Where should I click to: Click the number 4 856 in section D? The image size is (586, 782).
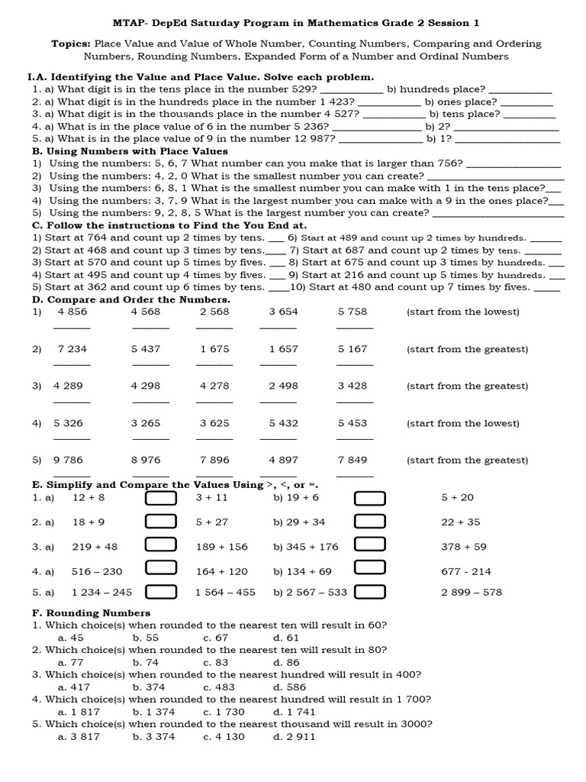pos(72,312)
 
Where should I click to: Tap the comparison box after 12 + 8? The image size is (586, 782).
pos(161,498)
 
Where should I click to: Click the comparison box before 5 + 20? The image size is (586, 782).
pos(370,498)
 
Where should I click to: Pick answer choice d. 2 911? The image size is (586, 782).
pos(294,736)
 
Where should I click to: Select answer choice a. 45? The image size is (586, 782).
pos(71,637)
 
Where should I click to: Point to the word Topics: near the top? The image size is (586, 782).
pos(71,44)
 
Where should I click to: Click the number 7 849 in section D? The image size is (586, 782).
pos(353,460)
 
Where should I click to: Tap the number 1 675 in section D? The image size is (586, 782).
pos(214,349)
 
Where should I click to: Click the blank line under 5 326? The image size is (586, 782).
pos(72,438)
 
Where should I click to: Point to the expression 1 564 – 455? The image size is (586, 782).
pos(226,592)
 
